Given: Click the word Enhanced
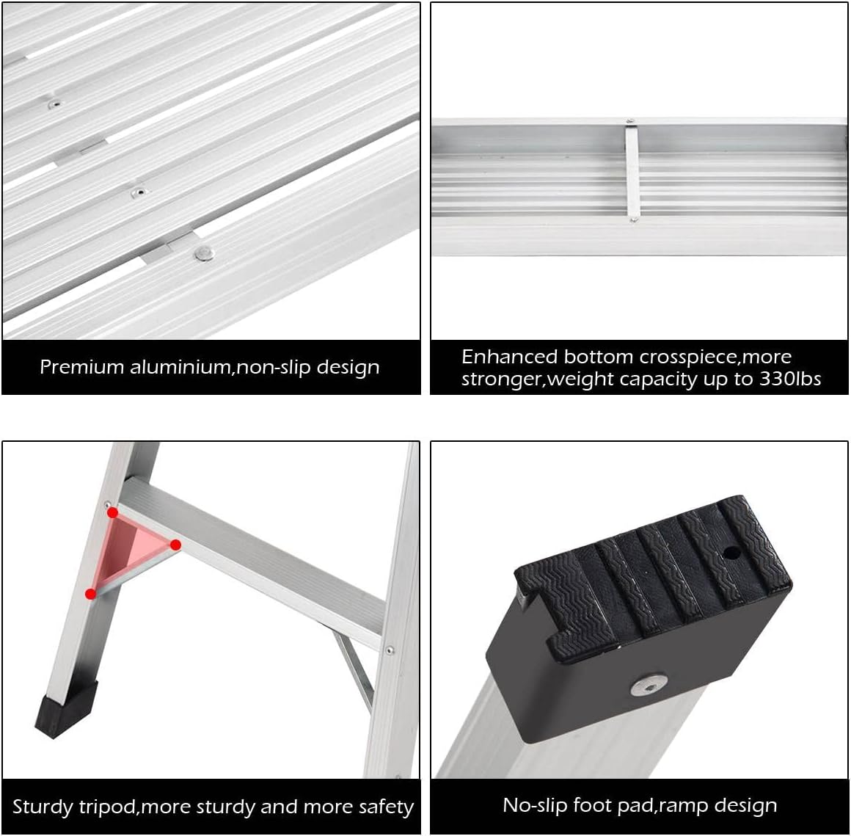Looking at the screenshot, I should (x=509, y=357).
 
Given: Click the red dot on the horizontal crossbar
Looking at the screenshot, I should (x=176, y=545).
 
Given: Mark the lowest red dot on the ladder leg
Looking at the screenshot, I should (x=90, y=593).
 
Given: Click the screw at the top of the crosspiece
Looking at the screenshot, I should (x=629, y=122).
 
